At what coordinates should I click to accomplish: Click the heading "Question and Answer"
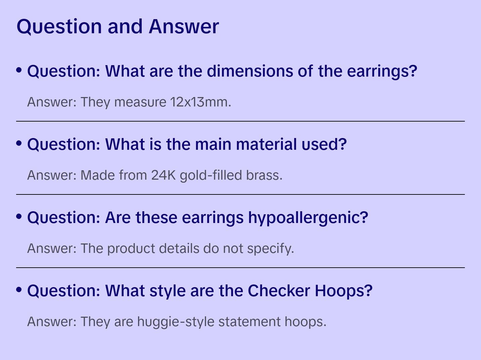[118, 26]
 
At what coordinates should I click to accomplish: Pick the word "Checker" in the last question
[278, 290]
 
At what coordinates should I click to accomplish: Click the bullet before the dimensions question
[19, 70]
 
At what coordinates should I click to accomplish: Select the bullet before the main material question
[19, 143]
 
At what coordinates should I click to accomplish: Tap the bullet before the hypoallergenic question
[19, 217]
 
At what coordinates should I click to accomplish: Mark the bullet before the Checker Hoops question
[19, 289]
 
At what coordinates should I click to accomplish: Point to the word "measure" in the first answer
[140, 102]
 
